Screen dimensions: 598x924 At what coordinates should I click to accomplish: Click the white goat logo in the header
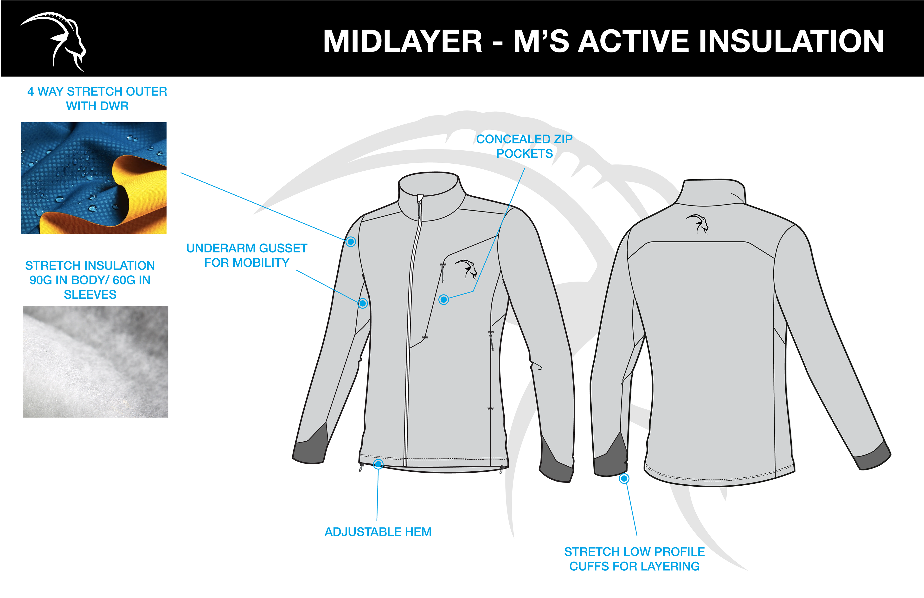(54, 41)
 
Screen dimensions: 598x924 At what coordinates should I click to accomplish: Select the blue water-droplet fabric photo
(94, 178)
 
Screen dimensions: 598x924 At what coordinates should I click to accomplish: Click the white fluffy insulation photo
(96, 361)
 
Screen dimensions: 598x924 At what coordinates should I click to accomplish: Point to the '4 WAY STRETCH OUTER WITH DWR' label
(97, 99)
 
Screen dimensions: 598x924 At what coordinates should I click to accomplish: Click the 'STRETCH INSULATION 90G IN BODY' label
(90, 280)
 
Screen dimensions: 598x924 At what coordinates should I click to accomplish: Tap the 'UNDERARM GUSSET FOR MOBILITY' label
(247, 255)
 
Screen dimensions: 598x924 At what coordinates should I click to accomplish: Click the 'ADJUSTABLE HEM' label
(378, 532)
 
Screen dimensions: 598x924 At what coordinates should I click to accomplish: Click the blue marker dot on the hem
(378, 464)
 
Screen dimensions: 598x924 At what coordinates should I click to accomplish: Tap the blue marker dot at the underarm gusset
(363, 303)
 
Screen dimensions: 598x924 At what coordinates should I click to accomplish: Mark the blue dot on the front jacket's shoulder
(351, 242)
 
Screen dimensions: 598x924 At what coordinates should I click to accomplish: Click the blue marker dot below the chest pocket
(443, 299)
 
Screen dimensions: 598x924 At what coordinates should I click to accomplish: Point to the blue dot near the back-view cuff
(624, 478)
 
